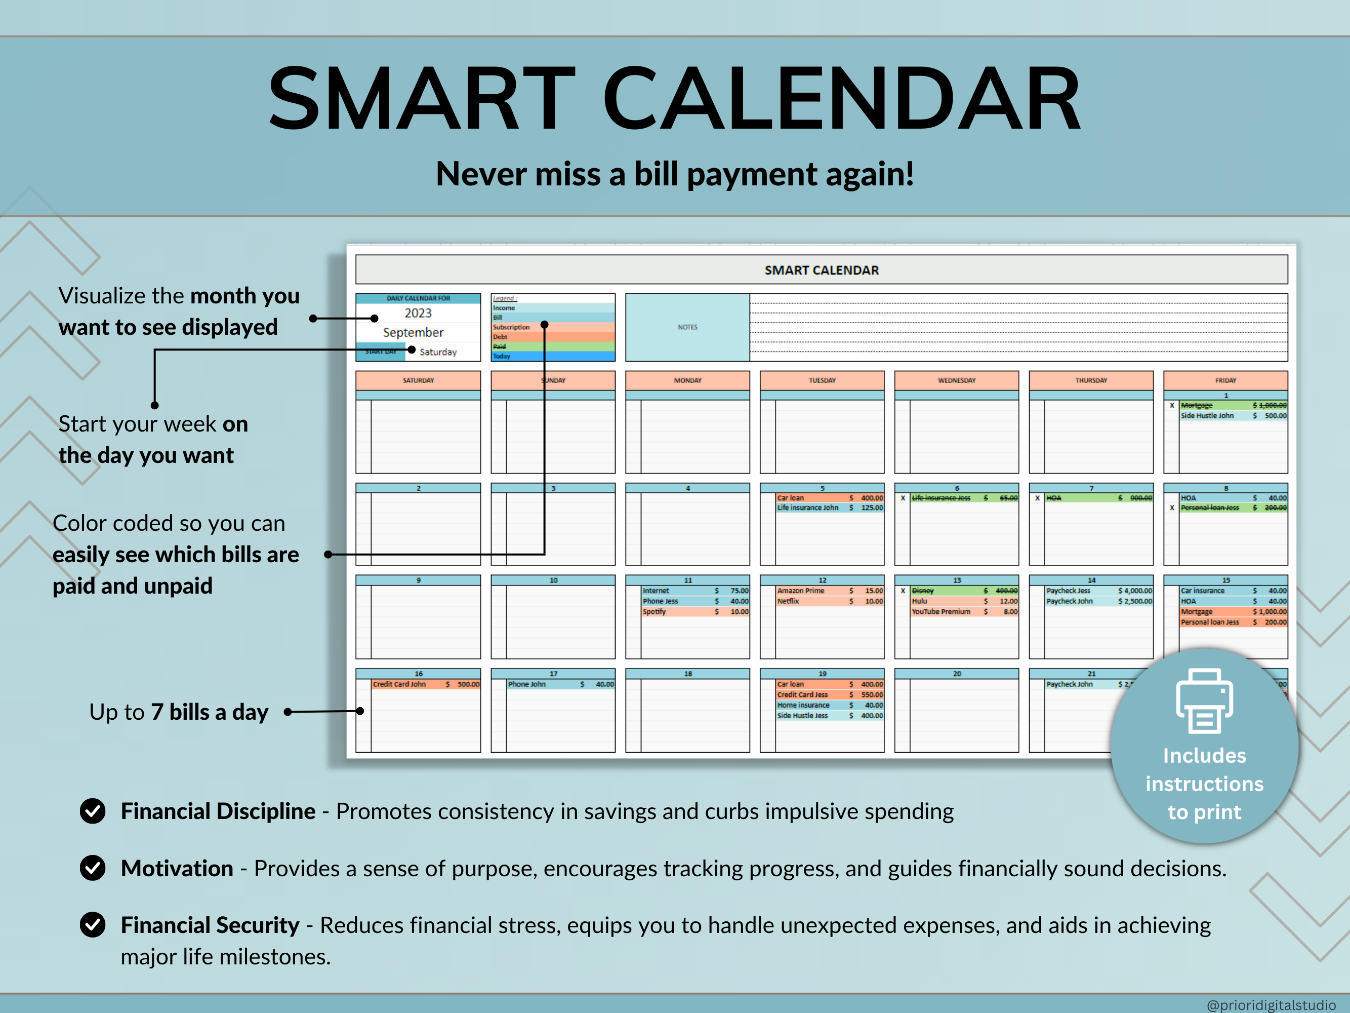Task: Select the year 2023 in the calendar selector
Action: click(x=418, y=313)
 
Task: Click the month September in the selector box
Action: click(x=413, y=332)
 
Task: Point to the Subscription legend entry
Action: click(x=511, y=327)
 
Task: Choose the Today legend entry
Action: click(x=502, y=356)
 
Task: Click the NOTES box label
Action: click(x=687, y=327)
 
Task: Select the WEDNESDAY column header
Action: click(x=956, y=380)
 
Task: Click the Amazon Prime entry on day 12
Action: click(x=801, y=591)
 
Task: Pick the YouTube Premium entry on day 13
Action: click(x=940, y=611)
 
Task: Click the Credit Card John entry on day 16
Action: click(x=399, y=684)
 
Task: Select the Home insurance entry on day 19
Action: click(x=803, y=705)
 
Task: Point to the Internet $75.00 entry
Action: click(x=656, y=591)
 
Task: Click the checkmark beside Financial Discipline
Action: click(x=93, y=811)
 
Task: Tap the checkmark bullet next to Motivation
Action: click(x=93, y=868)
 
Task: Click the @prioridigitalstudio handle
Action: click(x=1271, y=1004)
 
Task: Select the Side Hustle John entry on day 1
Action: click(x=1207, y=416)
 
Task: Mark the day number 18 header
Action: click(x=688, y=674)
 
